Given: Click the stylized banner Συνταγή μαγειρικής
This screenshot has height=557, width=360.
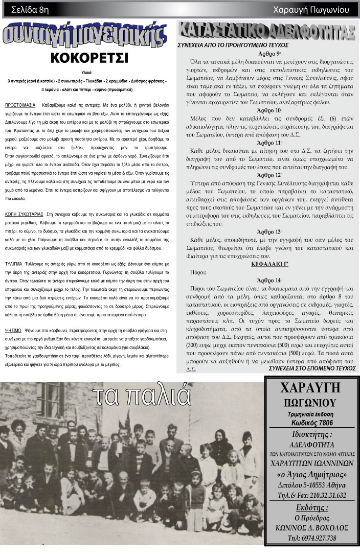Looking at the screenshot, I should (85, 35).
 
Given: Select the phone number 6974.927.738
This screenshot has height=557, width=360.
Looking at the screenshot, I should (312, 538).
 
